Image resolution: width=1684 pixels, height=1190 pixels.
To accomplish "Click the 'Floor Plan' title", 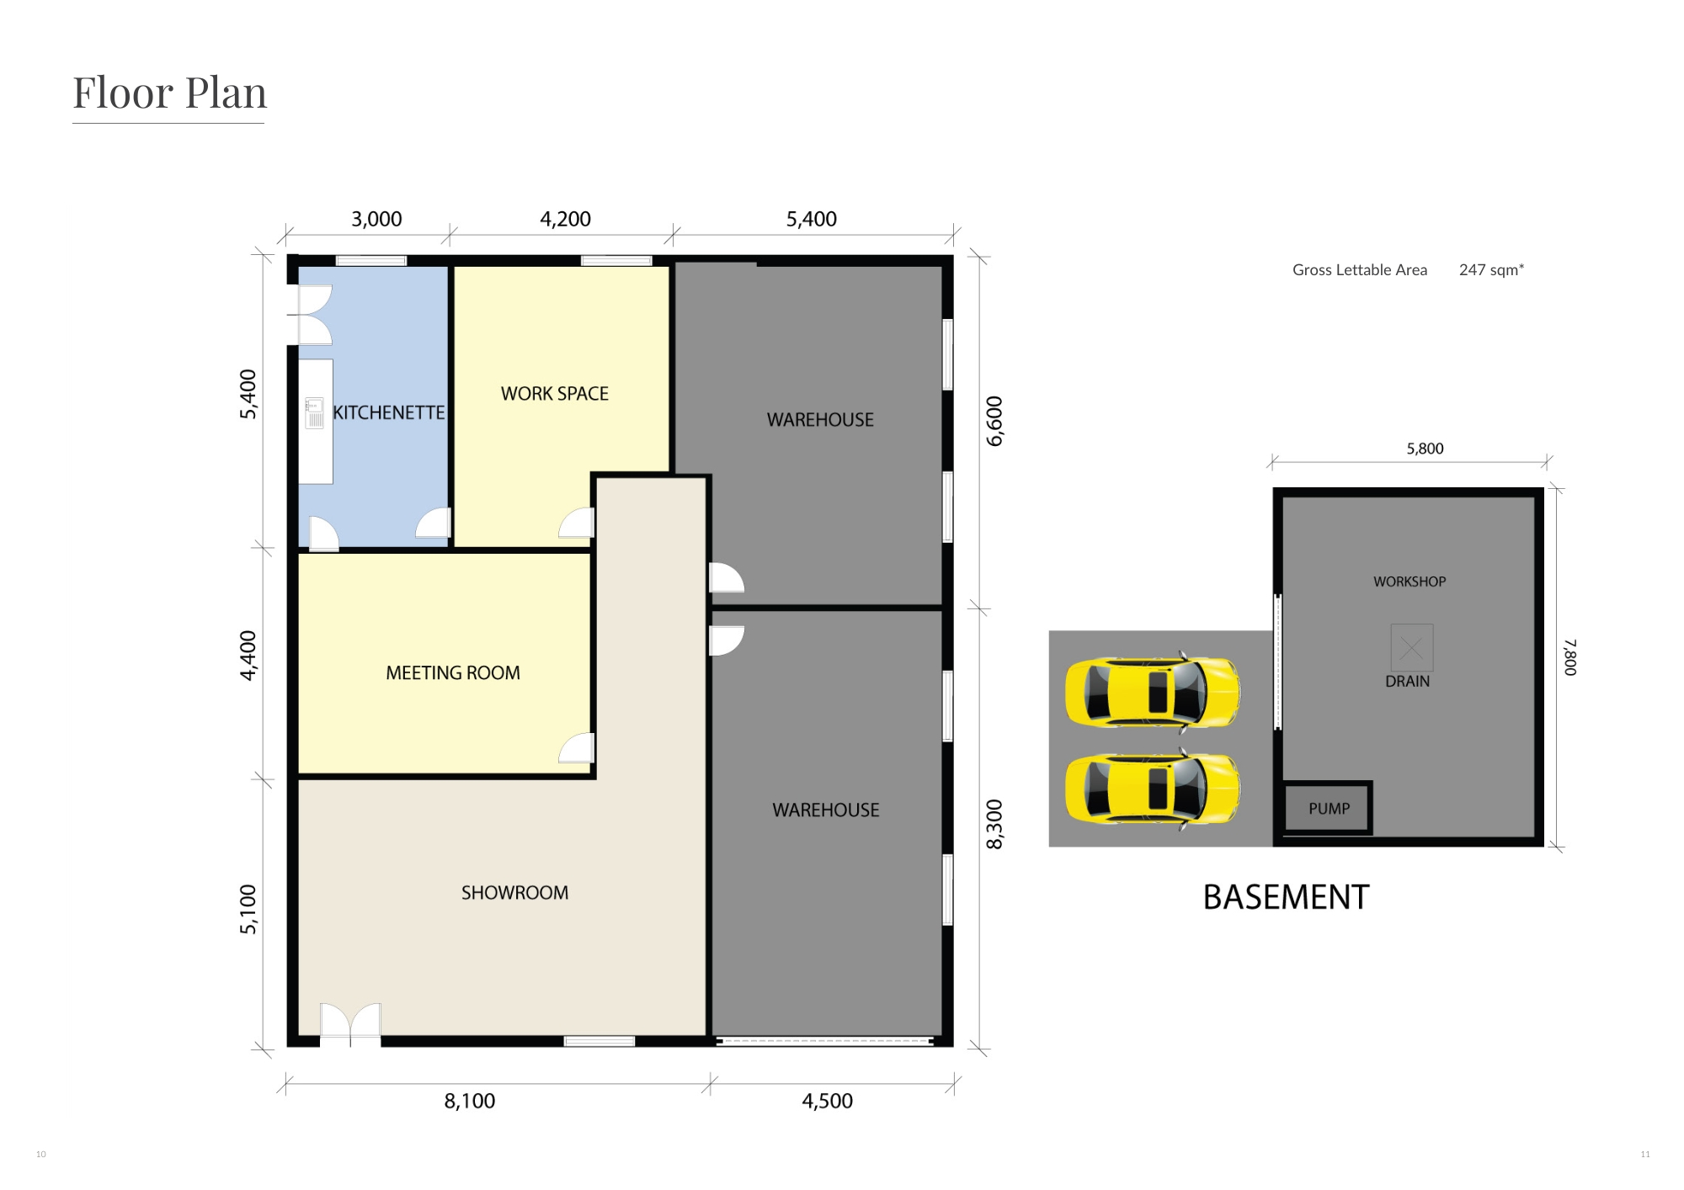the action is [x=169, y=93].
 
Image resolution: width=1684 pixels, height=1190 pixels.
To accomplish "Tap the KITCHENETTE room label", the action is [x=389, y=412].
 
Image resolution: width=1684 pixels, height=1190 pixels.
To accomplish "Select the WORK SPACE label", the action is [x=555, y=394].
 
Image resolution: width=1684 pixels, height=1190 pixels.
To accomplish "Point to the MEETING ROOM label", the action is [x=453, y=673].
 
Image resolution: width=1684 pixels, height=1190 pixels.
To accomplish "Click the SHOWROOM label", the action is [x=514, y=893].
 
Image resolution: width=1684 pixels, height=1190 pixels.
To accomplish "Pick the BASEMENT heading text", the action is [x=1286, y=897].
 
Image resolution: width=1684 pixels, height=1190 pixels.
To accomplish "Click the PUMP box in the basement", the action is [x=1329, y=808].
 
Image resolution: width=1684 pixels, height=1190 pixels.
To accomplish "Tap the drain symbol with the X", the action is [x=1411, y=647].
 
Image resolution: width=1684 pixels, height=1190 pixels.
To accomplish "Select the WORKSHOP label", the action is [x=1410, y=582].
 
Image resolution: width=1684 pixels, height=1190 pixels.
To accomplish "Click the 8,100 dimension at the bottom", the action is [x=470, y=1101].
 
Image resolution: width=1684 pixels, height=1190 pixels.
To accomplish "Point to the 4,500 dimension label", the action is [x=827, y=1101].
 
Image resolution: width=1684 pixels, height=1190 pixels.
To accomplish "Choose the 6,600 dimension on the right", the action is [x=995, y=421].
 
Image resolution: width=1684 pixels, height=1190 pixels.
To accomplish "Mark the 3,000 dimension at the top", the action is [x=376, y=219].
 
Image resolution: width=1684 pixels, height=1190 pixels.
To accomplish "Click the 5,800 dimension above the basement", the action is [x=1425, y=449].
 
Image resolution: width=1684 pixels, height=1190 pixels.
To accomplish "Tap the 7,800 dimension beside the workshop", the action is [x=1570, y=656].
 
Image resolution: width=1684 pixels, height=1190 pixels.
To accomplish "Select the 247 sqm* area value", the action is [x=1491, y=270].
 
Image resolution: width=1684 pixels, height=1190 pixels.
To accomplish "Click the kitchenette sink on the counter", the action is [x=315, y=413].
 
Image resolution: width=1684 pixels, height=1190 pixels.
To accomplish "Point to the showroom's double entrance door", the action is [x=350, y=1024].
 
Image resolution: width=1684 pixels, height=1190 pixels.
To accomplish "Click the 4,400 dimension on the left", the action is [x=248, y=656].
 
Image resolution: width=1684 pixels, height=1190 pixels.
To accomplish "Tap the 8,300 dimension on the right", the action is [x=995, y=825].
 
